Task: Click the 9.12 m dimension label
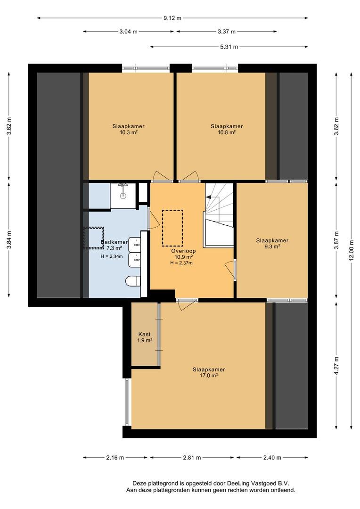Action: [172, 18]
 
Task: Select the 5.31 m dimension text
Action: [229, 47]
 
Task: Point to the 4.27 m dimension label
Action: [336, 366]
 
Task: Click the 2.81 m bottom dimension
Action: [192, 457]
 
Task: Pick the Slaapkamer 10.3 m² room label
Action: [128, 129]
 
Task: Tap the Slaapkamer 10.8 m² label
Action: [227, 129]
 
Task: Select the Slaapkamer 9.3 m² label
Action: [272, 244]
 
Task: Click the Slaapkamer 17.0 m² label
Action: [209, 372]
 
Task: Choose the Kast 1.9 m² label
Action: [145, 337]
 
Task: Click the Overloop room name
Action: [183, 251]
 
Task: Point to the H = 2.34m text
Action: [112, 256]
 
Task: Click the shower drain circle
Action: [123, 196]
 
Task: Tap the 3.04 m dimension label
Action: [128, 32]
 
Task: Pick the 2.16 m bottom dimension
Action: [115, 457]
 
